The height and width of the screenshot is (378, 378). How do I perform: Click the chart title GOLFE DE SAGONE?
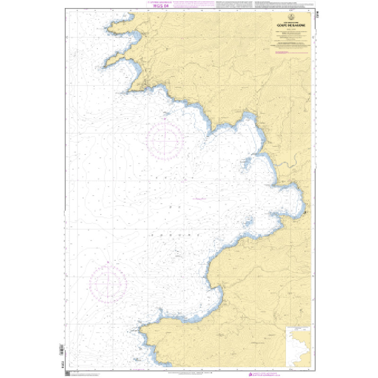[x=291, y=26]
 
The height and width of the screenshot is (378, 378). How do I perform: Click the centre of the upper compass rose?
[x=164, y=138]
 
